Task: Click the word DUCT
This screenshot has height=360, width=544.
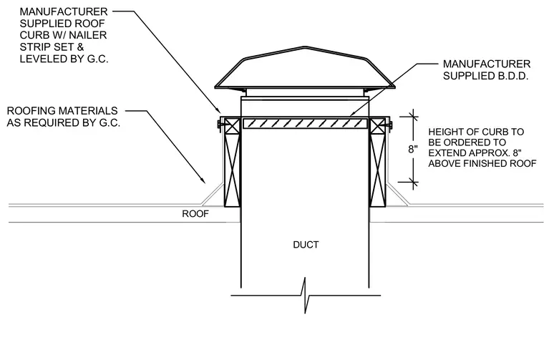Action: click(306, 245)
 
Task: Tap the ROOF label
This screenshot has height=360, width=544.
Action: click(195, 214)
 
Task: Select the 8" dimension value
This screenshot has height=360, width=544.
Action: click(412, 149)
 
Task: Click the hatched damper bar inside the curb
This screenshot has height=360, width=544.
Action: click(306, 124)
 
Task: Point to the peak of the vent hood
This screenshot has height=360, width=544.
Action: click(305, 47)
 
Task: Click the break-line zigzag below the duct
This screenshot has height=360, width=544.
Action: click(306, 296)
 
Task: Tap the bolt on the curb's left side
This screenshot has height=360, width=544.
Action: click(220, 124)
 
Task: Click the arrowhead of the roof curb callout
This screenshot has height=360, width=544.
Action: click(218, 110)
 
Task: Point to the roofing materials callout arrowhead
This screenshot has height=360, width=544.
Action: click(203, 180)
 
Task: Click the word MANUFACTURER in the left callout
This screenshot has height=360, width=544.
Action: click(64, 11)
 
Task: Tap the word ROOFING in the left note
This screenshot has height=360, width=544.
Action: click(31, 111)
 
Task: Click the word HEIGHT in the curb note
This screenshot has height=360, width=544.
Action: click(443, 132)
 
